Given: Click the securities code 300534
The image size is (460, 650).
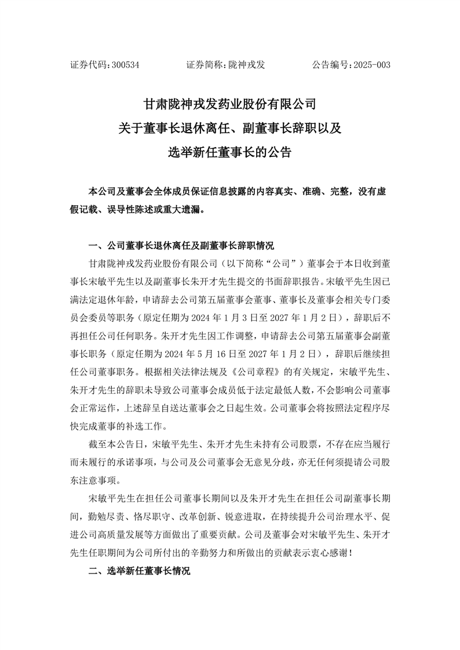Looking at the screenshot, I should click(124, 65).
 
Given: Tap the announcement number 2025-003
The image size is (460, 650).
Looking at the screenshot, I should click(371, 65).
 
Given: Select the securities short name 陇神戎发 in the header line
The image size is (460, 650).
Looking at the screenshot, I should click(247, 65).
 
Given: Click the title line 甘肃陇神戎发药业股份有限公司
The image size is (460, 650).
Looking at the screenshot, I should click(229, 104).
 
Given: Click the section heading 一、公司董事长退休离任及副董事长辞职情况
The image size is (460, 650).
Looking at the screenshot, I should click(180, 245).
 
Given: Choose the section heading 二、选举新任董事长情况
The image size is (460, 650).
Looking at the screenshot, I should click(139, 571).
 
